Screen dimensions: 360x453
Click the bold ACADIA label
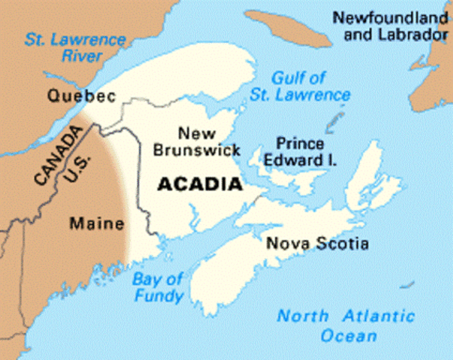199,183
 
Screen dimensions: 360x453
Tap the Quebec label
80,96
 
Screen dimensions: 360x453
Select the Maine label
91,223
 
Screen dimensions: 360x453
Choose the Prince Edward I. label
301,151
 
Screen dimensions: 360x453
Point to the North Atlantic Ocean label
345,325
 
